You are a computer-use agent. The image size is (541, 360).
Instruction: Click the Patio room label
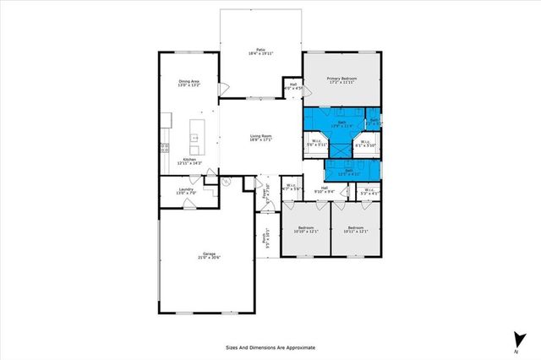point(260,51)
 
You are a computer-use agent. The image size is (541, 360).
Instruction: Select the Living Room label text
point(260,138)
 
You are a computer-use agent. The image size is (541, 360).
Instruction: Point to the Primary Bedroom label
point(342,80)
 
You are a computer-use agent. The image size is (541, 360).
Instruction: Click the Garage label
point(208,256)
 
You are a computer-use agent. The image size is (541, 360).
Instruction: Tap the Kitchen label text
point(189,161)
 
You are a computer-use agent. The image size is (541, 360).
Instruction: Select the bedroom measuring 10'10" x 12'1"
point(305,230)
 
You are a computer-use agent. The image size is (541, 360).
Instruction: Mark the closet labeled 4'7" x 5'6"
point(290,188)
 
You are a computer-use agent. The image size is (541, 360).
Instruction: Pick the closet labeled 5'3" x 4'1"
point(368,190)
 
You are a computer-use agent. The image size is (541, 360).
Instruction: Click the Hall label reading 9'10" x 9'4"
point(325,190)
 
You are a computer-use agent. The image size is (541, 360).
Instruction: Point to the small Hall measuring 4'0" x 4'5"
point(292,85)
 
